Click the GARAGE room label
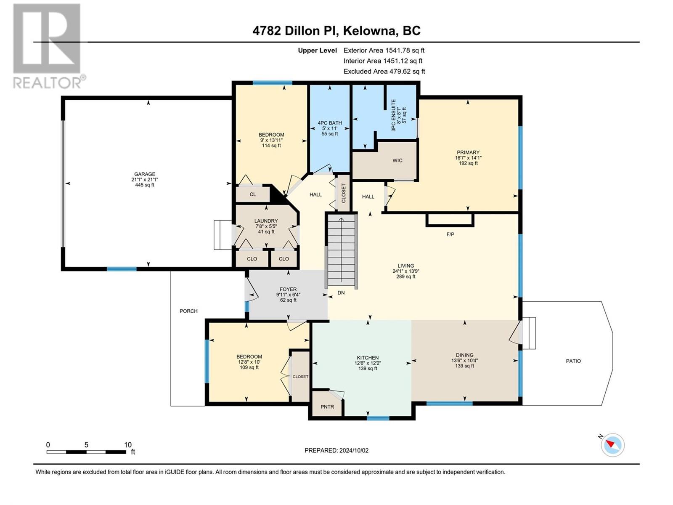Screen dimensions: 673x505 click(144, 174)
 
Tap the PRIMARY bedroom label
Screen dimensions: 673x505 click(468, 152)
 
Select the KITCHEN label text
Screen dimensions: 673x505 click(368, 358)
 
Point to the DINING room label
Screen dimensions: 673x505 click(464, 355)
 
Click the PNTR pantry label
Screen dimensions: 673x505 click(327, 407)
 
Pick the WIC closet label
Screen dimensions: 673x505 click(397, 160)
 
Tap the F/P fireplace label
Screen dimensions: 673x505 click(450, 234)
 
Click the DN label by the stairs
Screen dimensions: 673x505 click(341, 293)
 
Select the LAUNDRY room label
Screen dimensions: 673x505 click(266, 221)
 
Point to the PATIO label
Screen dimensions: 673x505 click(573, 361)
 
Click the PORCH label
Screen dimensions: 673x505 click(188, 311)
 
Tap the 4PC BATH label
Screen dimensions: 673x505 click(330, 123)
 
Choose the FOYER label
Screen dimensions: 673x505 click(288, 289)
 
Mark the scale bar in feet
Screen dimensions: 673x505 click(87, 452)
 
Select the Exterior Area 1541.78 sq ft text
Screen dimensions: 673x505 click(384, 50)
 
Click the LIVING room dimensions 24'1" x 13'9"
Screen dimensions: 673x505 click(405, 271)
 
